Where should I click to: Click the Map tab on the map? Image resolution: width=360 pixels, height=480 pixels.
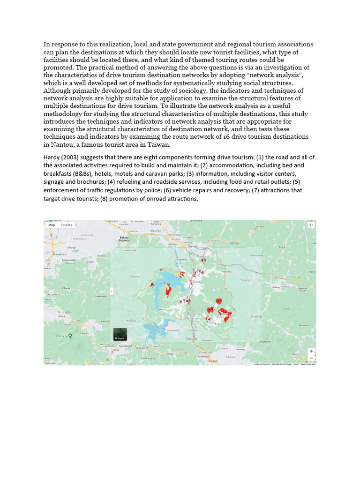(52, 225)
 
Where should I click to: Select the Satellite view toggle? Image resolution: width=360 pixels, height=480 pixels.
(67, 225)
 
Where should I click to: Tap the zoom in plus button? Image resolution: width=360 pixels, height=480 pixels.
(311, 351)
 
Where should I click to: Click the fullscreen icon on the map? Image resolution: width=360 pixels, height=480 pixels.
(311, 225)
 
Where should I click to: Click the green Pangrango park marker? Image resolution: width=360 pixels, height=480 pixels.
(70, 335)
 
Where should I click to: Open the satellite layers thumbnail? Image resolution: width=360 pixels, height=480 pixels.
(120, 334)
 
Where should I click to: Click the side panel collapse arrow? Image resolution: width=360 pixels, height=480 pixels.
(112, 291)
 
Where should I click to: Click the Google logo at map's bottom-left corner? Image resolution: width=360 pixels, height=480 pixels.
(50, 363)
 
